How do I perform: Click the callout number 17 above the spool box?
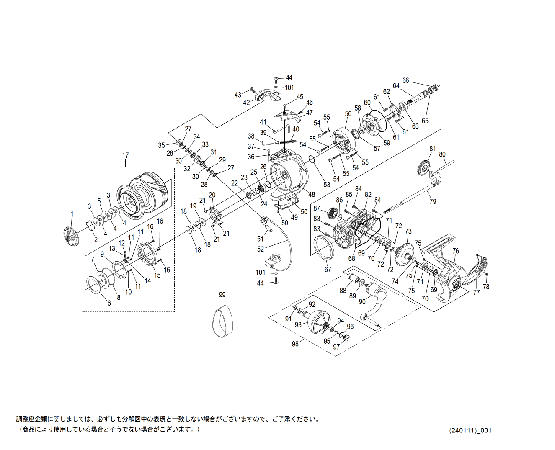pos(125,155)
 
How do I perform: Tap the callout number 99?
pos(222,295)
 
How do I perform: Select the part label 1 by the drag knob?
pos(72,214)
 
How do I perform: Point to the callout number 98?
pos(295,344)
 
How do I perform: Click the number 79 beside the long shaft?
pos(433,201)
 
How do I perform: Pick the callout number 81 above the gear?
pos(433,149)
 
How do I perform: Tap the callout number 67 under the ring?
pos(328,270)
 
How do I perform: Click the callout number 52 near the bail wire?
pos(261,249)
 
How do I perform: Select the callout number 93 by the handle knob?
pos(298,324)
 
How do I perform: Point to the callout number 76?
pos(456,251)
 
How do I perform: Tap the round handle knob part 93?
pos(320,322)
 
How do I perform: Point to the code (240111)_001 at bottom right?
pos(470,430)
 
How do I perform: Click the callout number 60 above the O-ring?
pos(367,103)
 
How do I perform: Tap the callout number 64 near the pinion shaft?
pos(396,86)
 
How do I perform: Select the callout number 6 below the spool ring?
pos(109,303)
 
